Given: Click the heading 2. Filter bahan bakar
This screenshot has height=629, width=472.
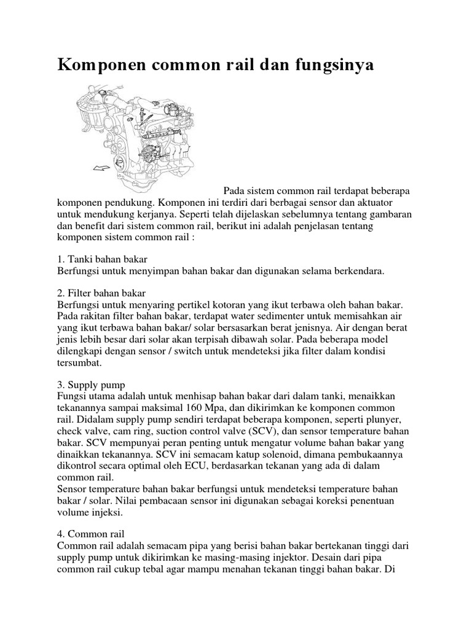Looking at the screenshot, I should click(101, 292).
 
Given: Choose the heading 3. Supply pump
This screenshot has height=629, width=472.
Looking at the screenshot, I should click(91, 385).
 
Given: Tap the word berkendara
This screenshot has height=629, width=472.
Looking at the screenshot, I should click(357, 270).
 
